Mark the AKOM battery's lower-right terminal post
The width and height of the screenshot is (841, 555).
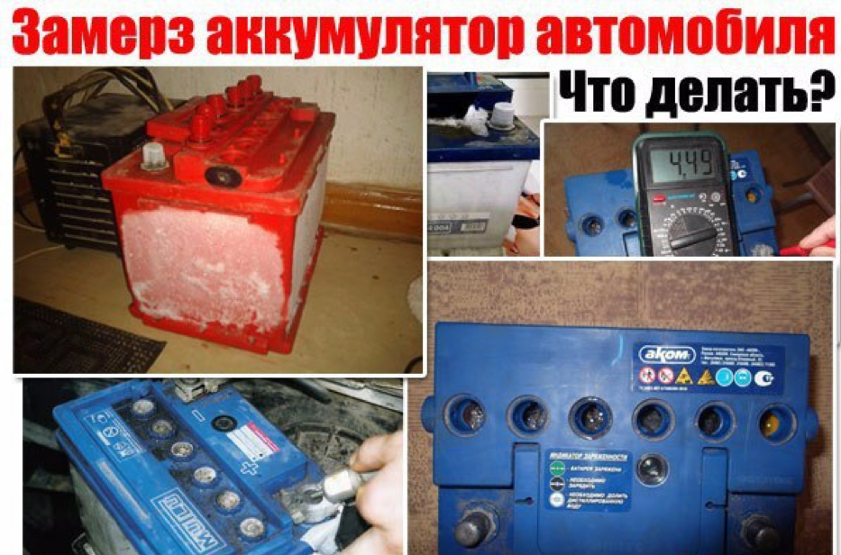pos(763,532)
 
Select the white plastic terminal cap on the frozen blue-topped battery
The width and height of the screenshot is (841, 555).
pos(499,117)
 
